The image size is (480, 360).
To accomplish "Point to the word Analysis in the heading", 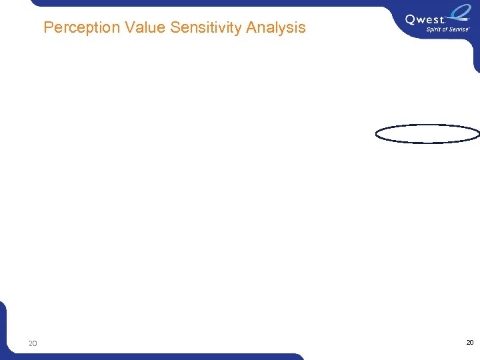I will pos(275,27).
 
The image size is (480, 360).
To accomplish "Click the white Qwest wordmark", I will pos(424,20).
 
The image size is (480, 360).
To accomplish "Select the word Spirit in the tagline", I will pos(435,30).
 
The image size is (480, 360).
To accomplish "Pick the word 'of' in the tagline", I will pos(447,30).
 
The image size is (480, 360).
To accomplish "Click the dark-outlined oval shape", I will pos(427,134).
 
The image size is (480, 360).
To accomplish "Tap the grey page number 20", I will pos(33,344).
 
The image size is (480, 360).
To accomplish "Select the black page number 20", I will pos(469,342).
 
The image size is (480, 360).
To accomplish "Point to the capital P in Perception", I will pos(48,27).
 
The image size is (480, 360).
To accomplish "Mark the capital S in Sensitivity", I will pos(175,27).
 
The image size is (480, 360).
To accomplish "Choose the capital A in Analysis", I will pos(251,27).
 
